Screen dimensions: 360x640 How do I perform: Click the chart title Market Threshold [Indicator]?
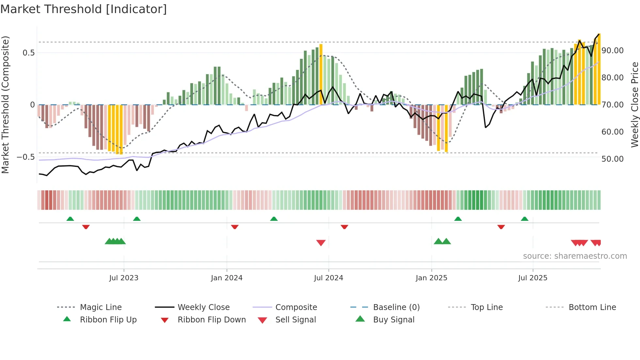click(x=84, y=9)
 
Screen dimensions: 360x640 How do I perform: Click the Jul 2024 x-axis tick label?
click(x=328, y=278)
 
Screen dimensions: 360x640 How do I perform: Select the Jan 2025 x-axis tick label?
click(x=431, y=278)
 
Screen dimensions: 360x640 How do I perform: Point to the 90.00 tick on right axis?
click(x=613, y=51)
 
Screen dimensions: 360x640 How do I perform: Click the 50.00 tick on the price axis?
click(x=613, y=159)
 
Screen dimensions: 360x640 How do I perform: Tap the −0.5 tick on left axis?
click(x=25, y=157)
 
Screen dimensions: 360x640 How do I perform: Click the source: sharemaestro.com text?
click(x=575, y=256)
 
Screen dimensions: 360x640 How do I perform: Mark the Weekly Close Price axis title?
click(x=634, y=105)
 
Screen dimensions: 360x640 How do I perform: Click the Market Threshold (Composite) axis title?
click(x=5, y=105)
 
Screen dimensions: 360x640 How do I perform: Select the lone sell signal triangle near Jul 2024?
click(x=321, y=243)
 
